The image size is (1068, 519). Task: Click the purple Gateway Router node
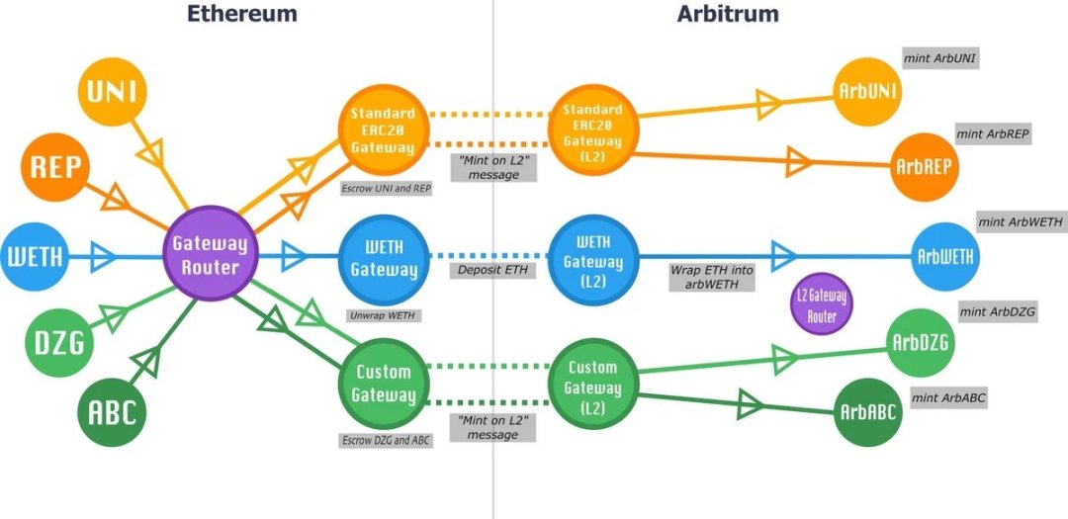coord(210,254)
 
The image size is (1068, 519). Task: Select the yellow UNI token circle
coord(112,93)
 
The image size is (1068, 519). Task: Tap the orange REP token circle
coord(55,165)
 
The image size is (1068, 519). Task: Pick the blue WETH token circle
coord(36,257)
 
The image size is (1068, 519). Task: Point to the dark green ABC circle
coord(112,410)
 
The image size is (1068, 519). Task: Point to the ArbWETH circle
coord(945,256)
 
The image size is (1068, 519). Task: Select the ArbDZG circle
coord(920,343)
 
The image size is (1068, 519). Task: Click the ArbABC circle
coord(868,411)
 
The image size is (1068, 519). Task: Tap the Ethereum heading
coord(242,14)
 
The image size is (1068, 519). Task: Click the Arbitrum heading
coord(728,14)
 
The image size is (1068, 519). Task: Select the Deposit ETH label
coord(491,270)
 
